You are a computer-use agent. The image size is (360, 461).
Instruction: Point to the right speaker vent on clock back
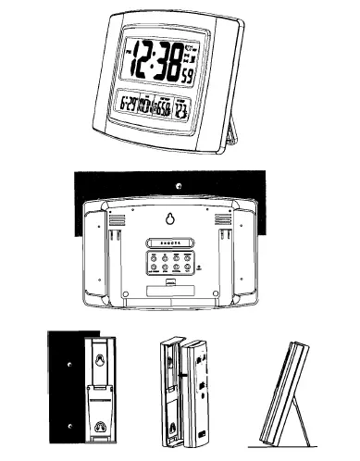point(223,219)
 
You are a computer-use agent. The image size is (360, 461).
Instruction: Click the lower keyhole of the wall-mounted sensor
point(98,428)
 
